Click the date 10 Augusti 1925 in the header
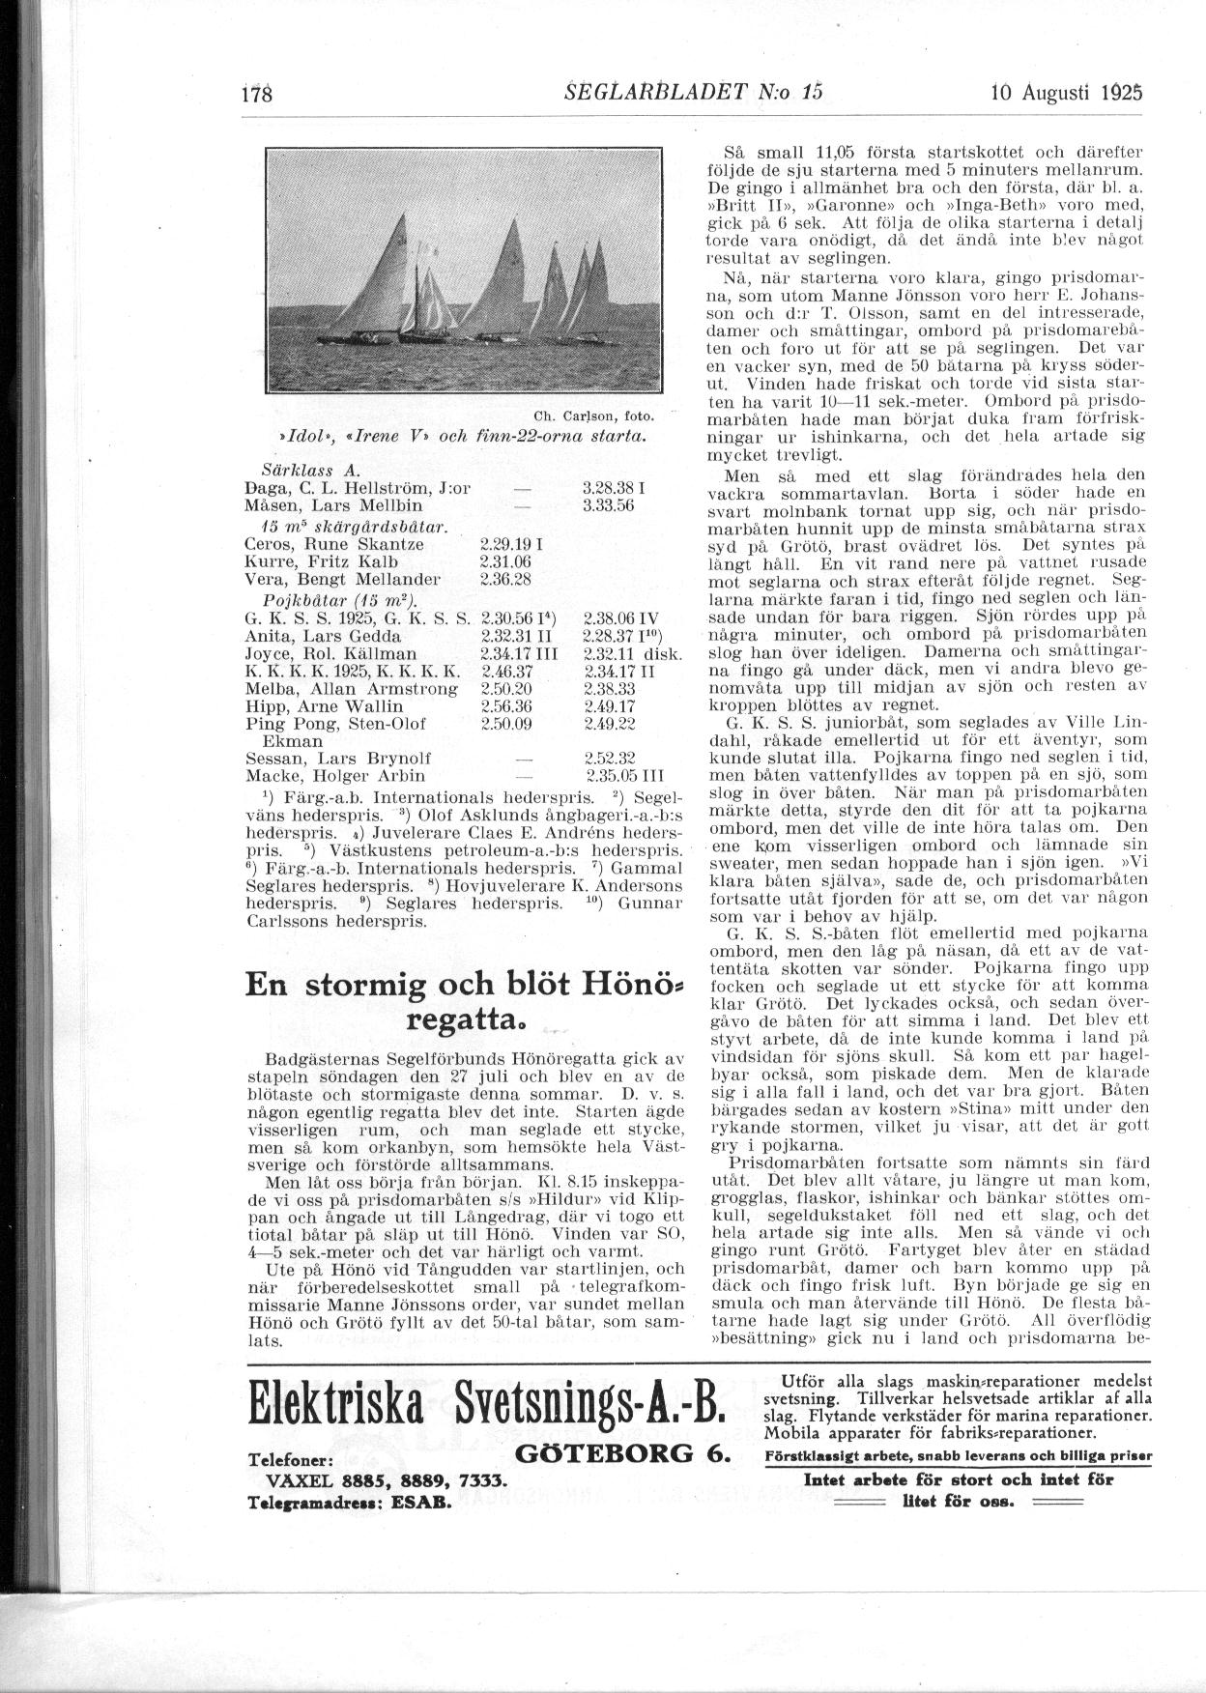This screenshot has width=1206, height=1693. coord(1067,93)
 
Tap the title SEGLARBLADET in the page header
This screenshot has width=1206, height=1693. coord(645,93)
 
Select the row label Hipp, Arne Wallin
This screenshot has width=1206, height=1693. coord(325,706)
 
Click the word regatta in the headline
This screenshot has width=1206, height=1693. coord(458,1019)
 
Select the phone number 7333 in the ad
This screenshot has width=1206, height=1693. coord(486,1480)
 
